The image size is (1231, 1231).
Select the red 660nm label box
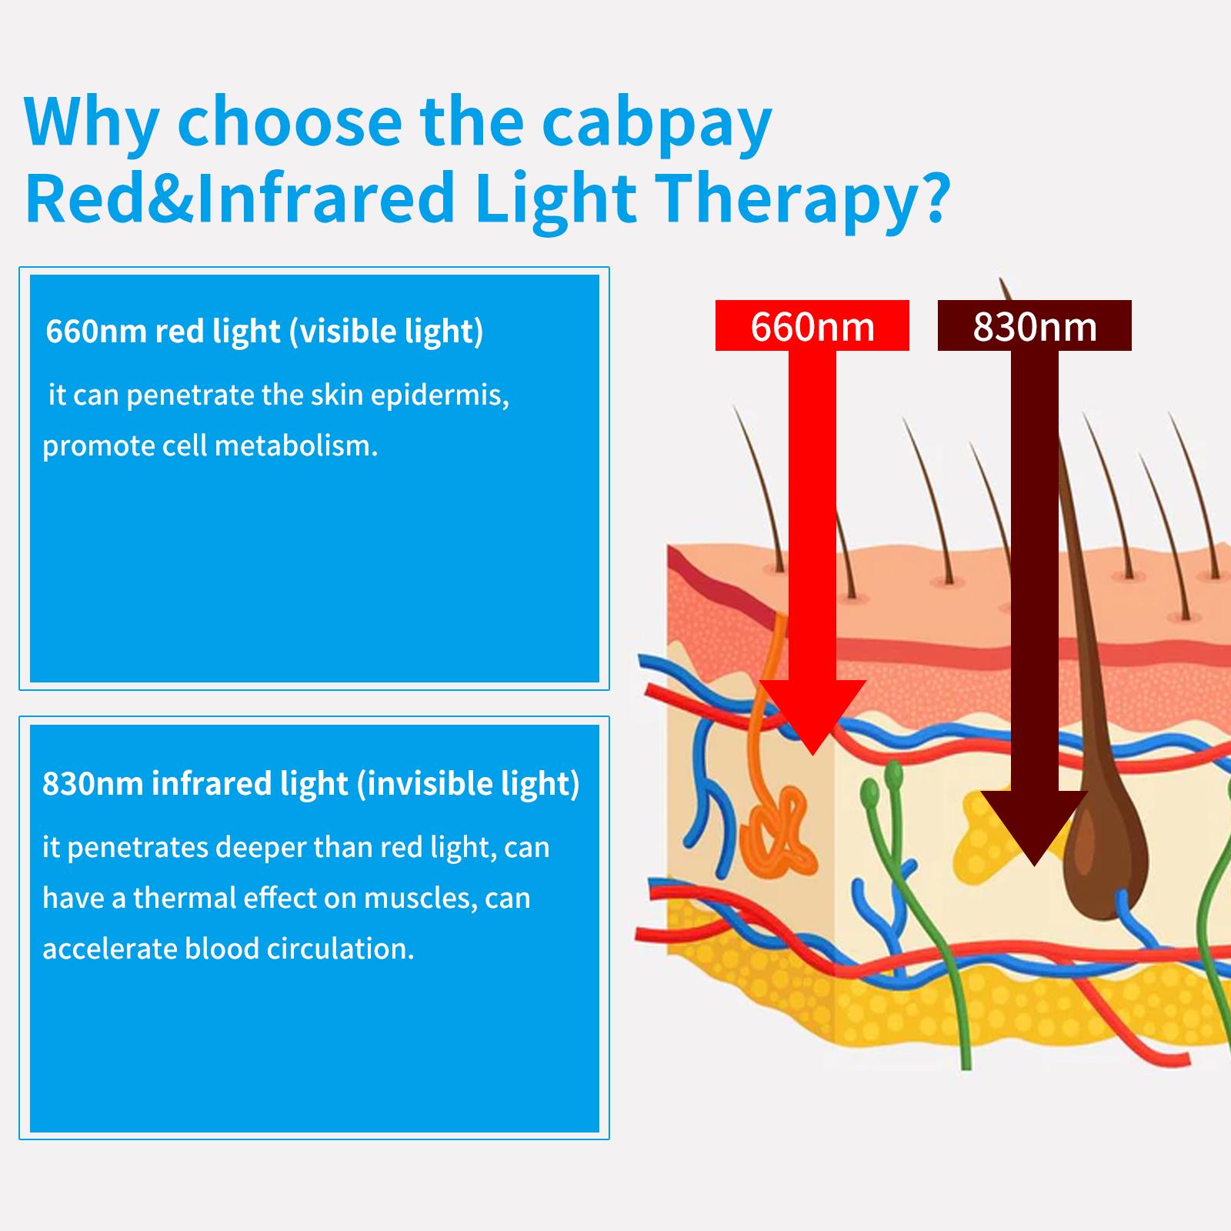click(812, 326)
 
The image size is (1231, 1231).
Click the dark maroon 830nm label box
click(1034, 326)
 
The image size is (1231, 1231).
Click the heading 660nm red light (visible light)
click(265, 332)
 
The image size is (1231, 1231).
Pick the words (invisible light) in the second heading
click(468, 784)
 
